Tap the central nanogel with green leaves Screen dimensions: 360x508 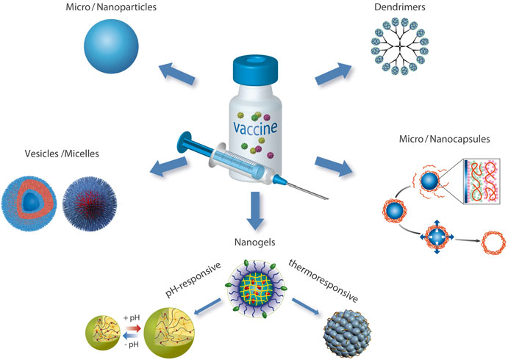click(254, 276)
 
